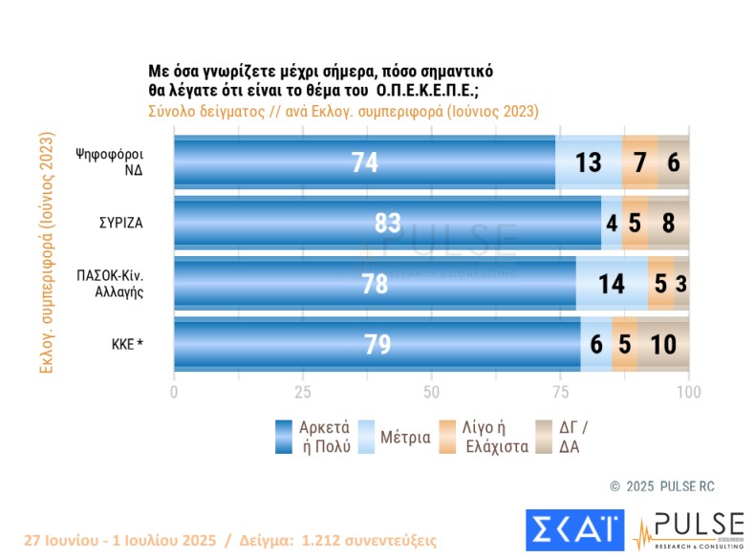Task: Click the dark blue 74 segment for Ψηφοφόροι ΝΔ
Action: click(x=364, y=162)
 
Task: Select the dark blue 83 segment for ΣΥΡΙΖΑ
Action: click(x=387, y=223)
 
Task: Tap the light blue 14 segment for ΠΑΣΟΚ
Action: click(x=612, y=283)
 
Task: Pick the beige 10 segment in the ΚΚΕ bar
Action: click(x=663, y=344)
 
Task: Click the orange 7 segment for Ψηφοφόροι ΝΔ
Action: click(x=639, y=162)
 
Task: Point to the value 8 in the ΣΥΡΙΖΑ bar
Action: click(x=669, y=223)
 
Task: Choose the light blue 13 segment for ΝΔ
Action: click(x=588, y=162)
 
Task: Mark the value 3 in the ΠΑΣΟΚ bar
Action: click(x=681, y=283)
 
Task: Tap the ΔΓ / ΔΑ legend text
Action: click(x=580, y=437)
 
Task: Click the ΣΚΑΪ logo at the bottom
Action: click(x=573, y=528)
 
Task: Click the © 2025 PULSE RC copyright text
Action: click(x=662, y=486)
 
